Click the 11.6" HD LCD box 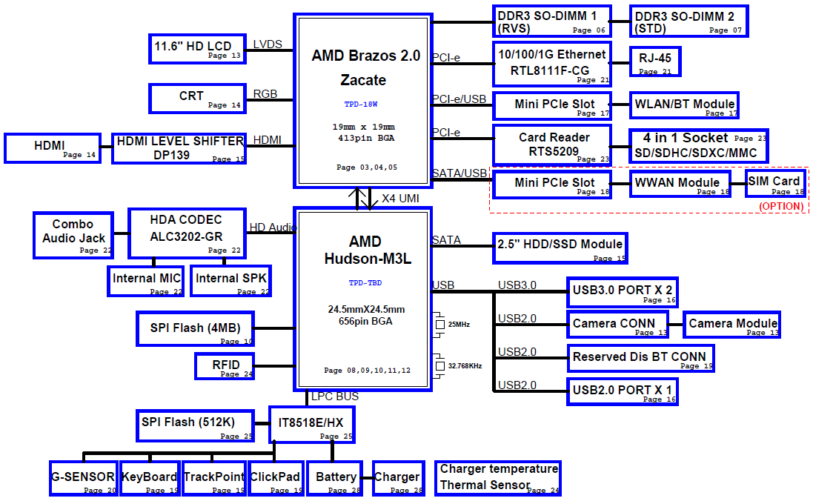pos(197,48)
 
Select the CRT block pos(197,99)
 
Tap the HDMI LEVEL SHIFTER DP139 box pos(179,148)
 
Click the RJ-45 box pos(654,62)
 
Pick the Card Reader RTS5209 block pos(553,145)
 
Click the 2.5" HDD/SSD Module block pos(560,248)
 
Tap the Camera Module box pos(733,325)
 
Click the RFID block pos(224,366)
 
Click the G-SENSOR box pos(83,479)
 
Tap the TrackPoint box pos(213,479)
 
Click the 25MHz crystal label pos(459,325)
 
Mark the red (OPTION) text pos(781,207)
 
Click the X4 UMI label pos(400,199)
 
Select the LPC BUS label pos(334,397)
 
